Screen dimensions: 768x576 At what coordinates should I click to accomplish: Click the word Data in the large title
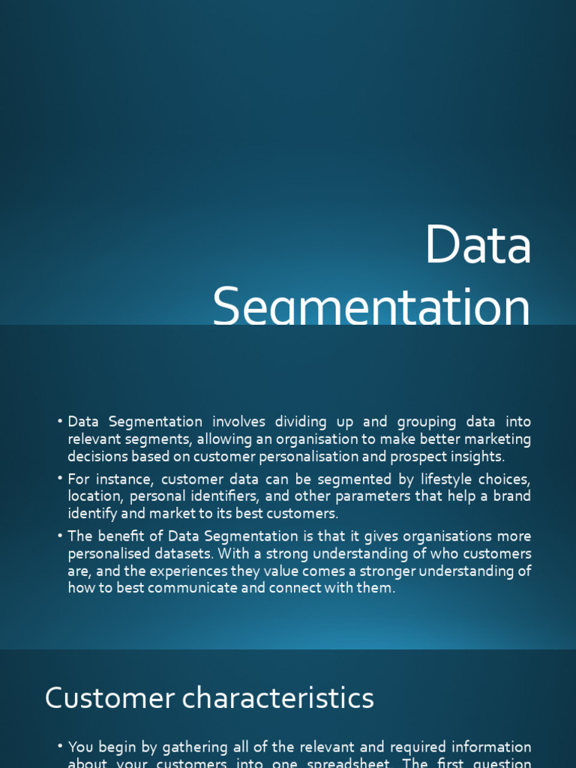tap(478, 245)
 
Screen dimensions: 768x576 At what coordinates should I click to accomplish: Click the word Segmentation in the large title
tap(371, 308)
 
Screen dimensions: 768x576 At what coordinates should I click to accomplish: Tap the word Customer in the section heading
tap(99, 698)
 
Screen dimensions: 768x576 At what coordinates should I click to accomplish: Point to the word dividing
tap(300, 422)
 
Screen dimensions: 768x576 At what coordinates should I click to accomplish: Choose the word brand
tap(511, 496)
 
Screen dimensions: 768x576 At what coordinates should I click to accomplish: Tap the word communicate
tap(199, 588)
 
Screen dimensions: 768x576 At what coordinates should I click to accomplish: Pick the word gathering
tap(166, 747)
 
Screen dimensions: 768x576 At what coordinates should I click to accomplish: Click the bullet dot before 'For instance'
tap(60, 479)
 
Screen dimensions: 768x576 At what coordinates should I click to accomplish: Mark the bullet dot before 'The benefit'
tap(60, 536)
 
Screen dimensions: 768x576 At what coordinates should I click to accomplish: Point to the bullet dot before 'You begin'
tap(60, 747)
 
